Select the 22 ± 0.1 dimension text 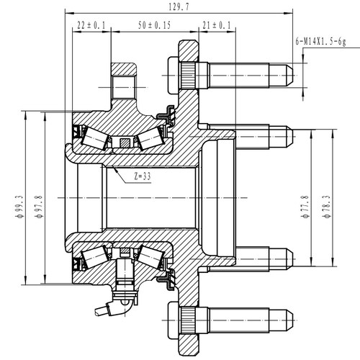[91, 25]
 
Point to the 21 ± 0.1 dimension [217, 25]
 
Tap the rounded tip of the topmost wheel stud [289, 73]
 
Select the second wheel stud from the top [245, 135]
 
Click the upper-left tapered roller [96, 136]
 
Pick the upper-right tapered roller [149, 138]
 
